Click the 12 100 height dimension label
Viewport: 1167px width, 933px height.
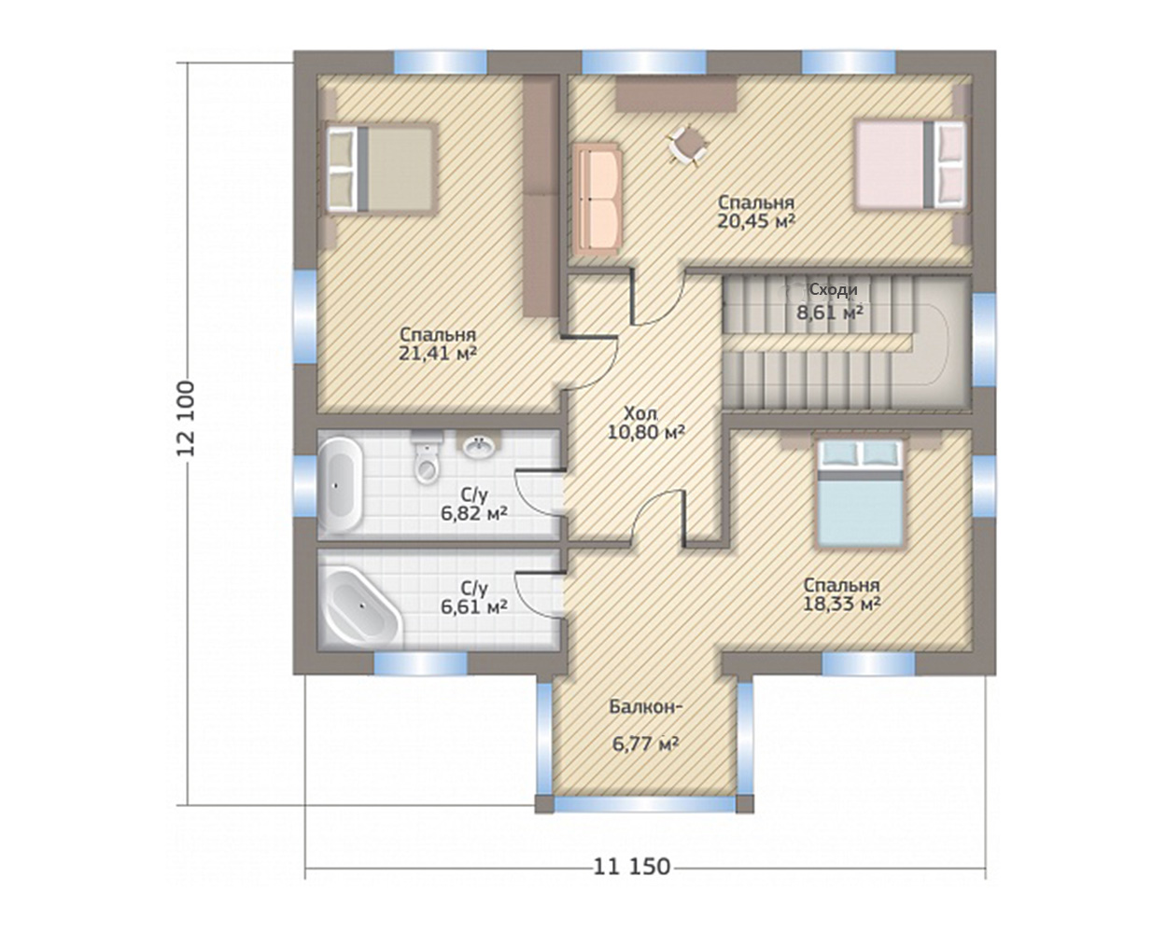pyautogui.click(x=186, y=419)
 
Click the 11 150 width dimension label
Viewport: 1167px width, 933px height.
pyautogui.click(x=632, y=867)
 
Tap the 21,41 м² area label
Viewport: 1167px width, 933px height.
pyautogui.click(x=438, y=354)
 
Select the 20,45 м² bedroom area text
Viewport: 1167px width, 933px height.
pyautogui.click(x=756, y=221)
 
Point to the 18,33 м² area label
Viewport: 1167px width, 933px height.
pyautogui.click(x=841, y=604)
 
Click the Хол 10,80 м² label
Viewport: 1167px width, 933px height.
pyautogui.click(x=645, y=424)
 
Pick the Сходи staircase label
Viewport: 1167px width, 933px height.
pyautogui.click(x=834, y=290)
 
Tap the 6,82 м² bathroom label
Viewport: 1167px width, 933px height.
pyautogui.click(x=474, y=513)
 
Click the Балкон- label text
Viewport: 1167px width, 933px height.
pyautogui.click(x=645, y=707)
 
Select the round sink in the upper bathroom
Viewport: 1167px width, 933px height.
pyautogui.click(x=479, y=446)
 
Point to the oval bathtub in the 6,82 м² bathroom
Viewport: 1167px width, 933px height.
pyautogui.click(x=340, y=484)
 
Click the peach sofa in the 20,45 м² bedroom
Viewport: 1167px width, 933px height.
pyautogui.click(x=598, y=199)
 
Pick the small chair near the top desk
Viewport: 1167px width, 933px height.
pyautogui.click(x=688, y=146)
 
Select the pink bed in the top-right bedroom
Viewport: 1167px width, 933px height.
pyautogui.click(x=910, y=165)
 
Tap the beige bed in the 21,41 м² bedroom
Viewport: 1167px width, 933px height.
pyautogui.click(x=380, y=169)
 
